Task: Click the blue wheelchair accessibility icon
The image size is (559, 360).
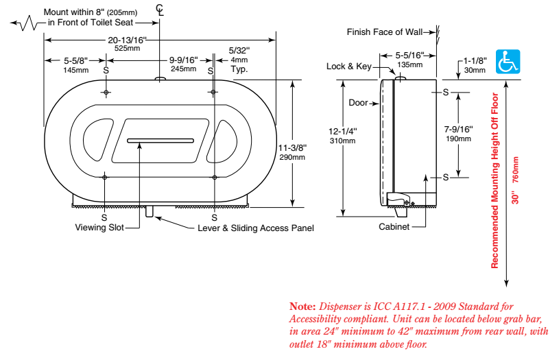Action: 508,62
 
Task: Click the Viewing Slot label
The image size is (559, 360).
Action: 99,228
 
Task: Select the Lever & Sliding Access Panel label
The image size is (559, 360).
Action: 256,228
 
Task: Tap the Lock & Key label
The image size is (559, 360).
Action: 349,67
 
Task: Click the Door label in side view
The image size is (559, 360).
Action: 358,103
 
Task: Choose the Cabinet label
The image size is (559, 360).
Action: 394,227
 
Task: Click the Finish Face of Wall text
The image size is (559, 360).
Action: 385,32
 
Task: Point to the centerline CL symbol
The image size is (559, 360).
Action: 160,10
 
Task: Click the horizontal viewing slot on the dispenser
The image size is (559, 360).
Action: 160,141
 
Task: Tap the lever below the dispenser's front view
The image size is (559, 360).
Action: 150,211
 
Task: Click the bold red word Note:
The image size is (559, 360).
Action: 302,307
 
